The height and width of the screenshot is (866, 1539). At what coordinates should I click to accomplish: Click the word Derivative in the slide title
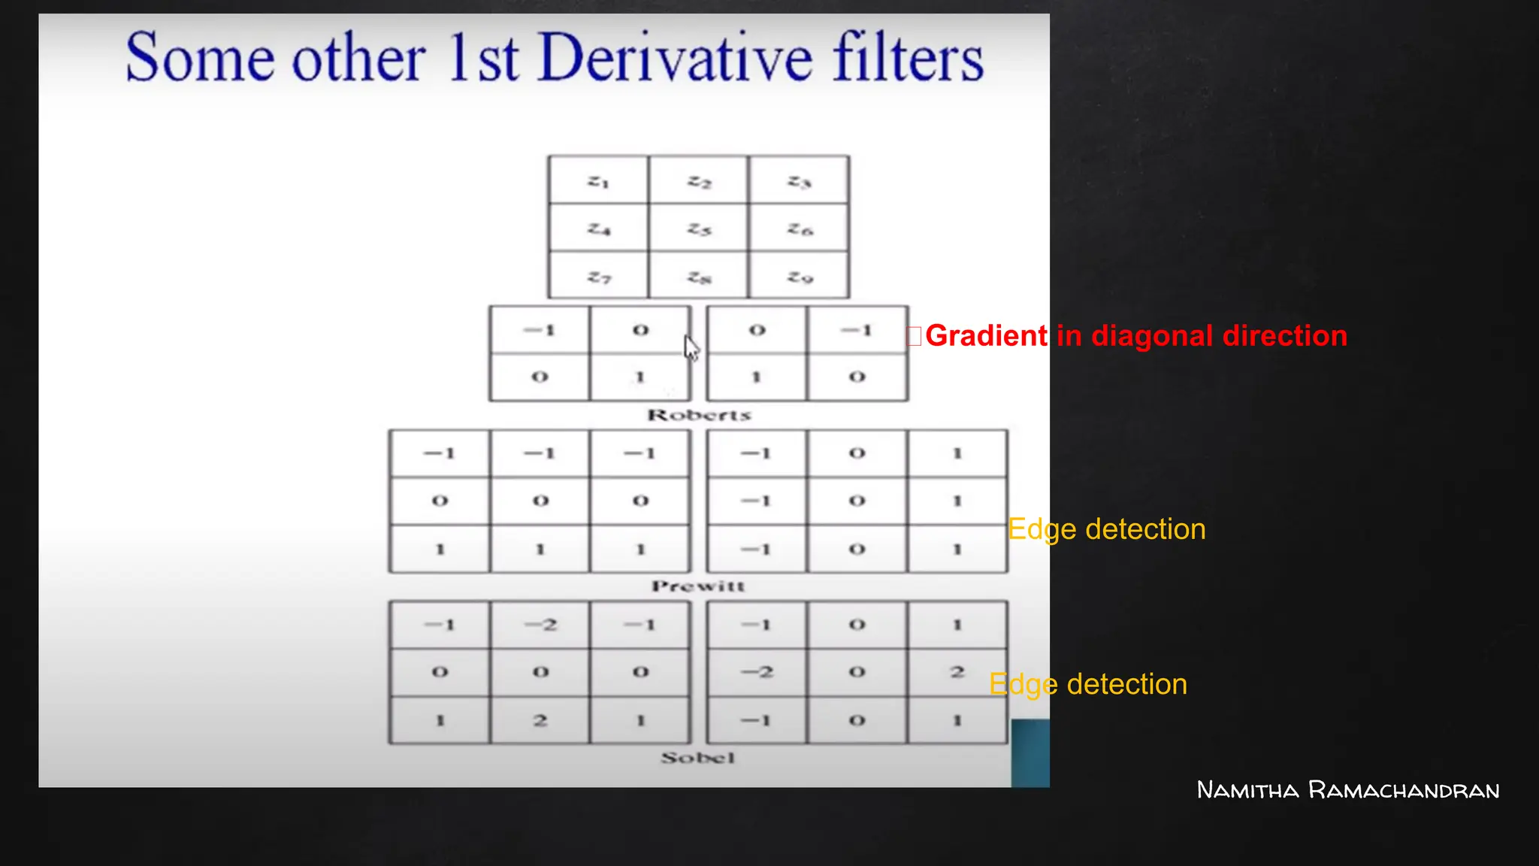(676, 58)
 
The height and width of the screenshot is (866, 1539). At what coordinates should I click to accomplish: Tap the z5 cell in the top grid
(699, 229)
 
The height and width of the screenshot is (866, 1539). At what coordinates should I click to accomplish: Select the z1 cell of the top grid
(598, 181)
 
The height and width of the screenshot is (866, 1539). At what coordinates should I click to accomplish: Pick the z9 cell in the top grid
(800, 277)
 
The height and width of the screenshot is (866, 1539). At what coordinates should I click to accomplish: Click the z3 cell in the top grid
(799, 181)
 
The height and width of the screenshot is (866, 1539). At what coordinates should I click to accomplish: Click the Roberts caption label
(699, 415)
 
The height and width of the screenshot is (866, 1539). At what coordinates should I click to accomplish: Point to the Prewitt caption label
(698, 586)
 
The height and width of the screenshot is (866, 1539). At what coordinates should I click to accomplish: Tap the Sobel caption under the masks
(697, 758)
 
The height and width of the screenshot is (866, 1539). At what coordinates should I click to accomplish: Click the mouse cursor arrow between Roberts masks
(691, 347)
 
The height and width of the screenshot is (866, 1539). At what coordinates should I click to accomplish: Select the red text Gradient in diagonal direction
(1135, 335)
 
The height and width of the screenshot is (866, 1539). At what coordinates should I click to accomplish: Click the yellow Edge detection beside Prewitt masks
(1106, 529)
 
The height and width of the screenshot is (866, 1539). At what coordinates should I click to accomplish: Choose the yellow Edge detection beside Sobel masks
(1088, 684)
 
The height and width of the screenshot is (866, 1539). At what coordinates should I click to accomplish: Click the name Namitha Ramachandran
(1347, 790)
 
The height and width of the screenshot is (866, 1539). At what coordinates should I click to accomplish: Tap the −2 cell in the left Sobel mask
(540, 625)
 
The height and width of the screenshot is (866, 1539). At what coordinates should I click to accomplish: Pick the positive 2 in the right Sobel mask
(957, 672)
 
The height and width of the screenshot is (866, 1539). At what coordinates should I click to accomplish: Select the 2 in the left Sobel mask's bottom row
(540, 720)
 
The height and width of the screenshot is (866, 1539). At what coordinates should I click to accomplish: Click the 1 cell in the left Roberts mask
(639, 377)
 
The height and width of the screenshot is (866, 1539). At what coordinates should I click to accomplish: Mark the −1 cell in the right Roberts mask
(857, 330)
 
